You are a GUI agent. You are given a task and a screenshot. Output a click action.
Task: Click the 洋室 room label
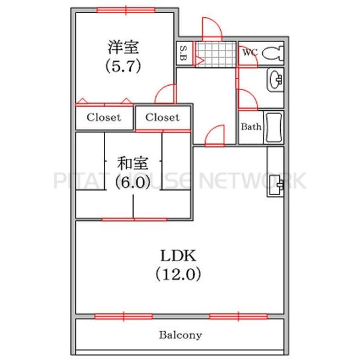coord(123,47)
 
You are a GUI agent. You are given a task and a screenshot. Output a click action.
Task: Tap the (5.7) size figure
coord(123,67)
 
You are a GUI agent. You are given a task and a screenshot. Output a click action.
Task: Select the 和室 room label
coord(133,163)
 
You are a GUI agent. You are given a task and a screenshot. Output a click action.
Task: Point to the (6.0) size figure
coord(133,182)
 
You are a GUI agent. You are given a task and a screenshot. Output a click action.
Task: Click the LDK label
coord(178,256)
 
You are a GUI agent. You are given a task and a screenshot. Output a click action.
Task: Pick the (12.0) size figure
coord(178,274)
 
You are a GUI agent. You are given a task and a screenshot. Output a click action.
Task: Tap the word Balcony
coord(181,335)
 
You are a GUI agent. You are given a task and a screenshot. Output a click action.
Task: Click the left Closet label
coord(104,118)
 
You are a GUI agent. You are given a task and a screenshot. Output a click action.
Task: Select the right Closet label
coord(163,118)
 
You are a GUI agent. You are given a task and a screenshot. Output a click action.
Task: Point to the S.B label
coord(183,53)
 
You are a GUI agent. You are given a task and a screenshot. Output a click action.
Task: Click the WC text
coord(250,53)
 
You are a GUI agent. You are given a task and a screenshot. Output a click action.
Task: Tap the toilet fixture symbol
coord(273,53)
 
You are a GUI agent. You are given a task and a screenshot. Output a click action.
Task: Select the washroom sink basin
coord(275,80)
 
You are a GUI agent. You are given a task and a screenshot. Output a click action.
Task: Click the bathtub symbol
coord(274,127)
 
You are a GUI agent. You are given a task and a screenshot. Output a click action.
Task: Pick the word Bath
coord(251,127)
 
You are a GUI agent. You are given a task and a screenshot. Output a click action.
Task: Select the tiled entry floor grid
coord(216,54)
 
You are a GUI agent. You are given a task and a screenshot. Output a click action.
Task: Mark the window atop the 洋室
coord(126,10)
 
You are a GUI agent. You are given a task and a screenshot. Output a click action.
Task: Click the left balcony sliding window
coord(124,316)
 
